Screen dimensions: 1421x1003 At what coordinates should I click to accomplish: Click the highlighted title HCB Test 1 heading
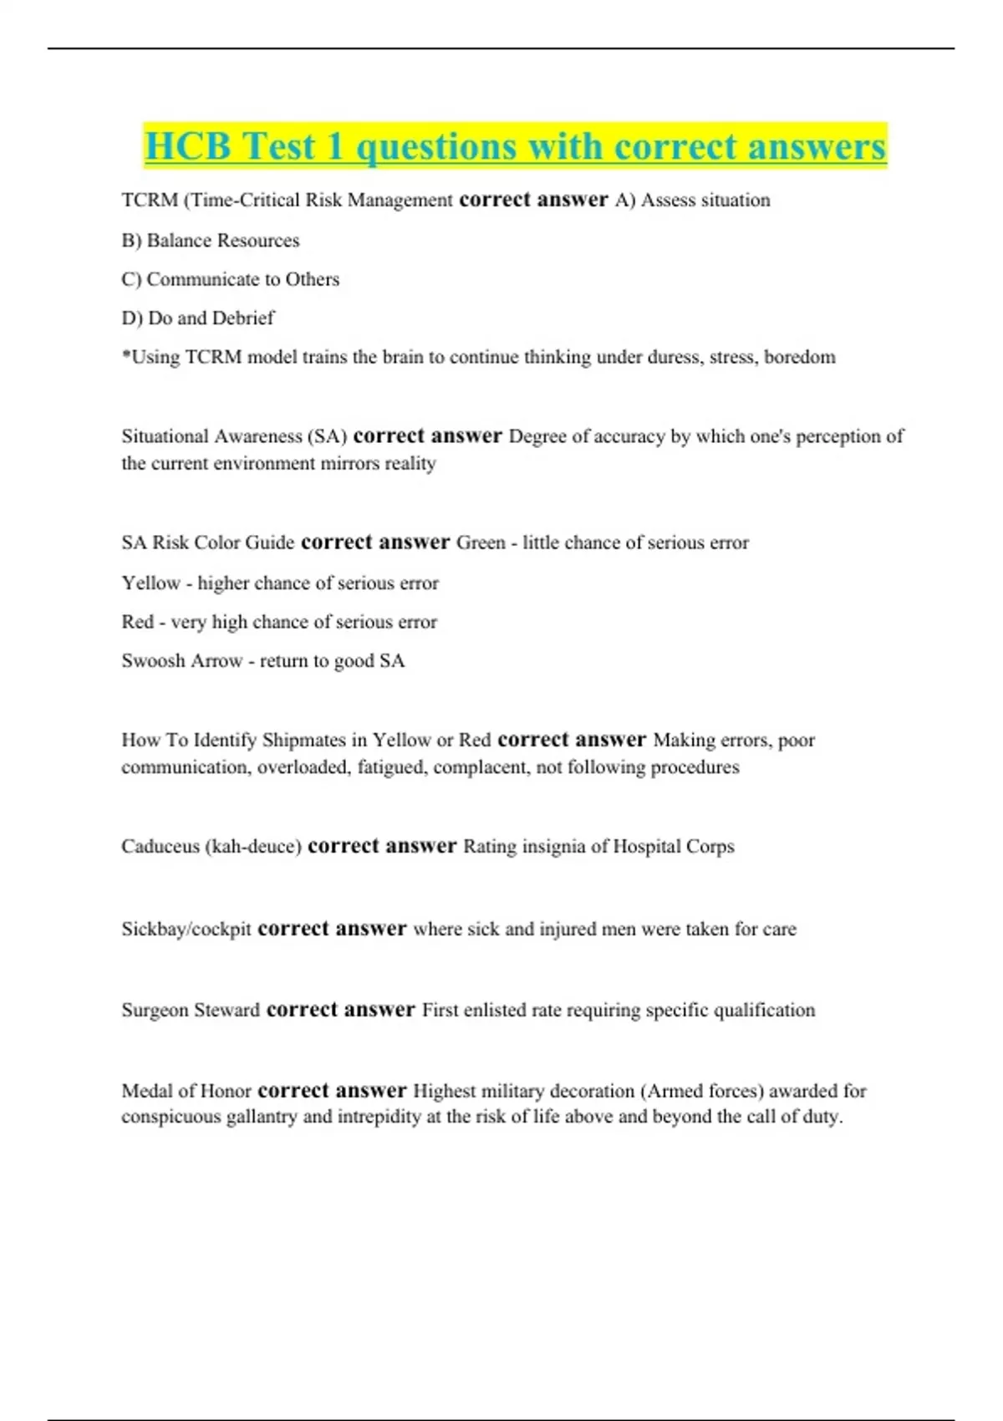pyautogui.click(x=515, y=146)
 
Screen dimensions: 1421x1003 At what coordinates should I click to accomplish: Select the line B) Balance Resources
pyautogui.click(x=211, y=241)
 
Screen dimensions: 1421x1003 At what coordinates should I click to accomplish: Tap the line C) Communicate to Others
pyautogui.click(x=231, y=279)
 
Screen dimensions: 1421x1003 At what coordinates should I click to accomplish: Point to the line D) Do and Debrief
pyautogui.click(x=198, y=318)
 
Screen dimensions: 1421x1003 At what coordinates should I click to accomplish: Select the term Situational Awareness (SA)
pyautogui.click(x=234, y=436)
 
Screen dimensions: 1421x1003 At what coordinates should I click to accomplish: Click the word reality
pyautogui.click(x=410, y=463)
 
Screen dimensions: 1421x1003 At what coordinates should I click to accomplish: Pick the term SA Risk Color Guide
pyautogui.click(x=208, y=542)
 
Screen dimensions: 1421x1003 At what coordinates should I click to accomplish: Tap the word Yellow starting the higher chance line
pyautogui.click(x=151, y=583)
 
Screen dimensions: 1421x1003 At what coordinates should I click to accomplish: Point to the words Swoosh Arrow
pyautogui.click(x=181, y=661)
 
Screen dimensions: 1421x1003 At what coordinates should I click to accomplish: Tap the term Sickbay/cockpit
pyautogui.click(x=186, y=930)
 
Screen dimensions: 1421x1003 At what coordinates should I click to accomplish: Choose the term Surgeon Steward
pyautogui.click(x=191, y=1010)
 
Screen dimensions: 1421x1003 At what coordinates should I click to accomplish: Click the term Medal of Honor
pyautogui.click(x=186, y=1091)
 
